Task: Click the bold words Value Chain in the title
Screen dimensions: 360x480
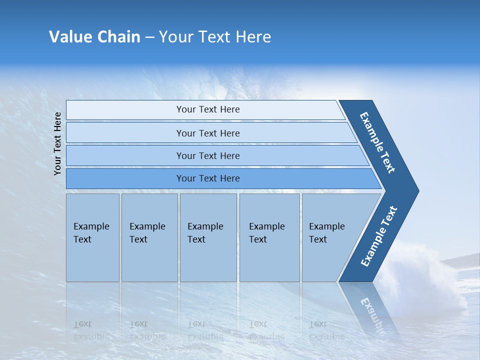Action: (x=94, y=37)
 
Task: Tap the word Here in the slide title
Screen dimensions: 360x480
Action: (x=253, y=37)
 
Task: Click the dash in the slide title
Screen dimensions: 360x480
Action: (x=149, y=37)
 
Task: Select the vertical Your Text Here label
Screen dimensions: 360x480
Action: (x=58, y=144)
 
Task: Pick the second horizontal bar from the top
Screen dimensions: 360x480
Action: (x=208, y=133)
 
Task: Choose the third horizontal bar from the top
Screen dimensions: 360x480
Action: (x=208, y=155)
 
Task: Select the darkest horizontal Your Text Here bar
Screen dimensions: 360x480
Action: (x=208, y=178)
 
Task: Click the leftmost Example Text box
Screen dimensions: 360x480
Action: (x=92, y=237)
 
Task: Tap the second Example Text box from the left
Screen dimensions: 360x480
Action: (x=149, y=237)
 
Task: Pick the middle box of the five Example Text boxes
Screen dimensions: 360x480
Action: (x=208, y=237)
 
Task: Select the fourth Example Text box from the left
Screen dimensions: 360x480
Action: (x=269, y=237)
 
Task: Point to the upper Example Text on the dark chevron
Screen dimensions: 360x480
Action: (x=377, y=142)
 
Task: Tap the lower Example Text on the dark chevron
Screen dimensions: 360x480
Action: (x=378, y=236)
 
